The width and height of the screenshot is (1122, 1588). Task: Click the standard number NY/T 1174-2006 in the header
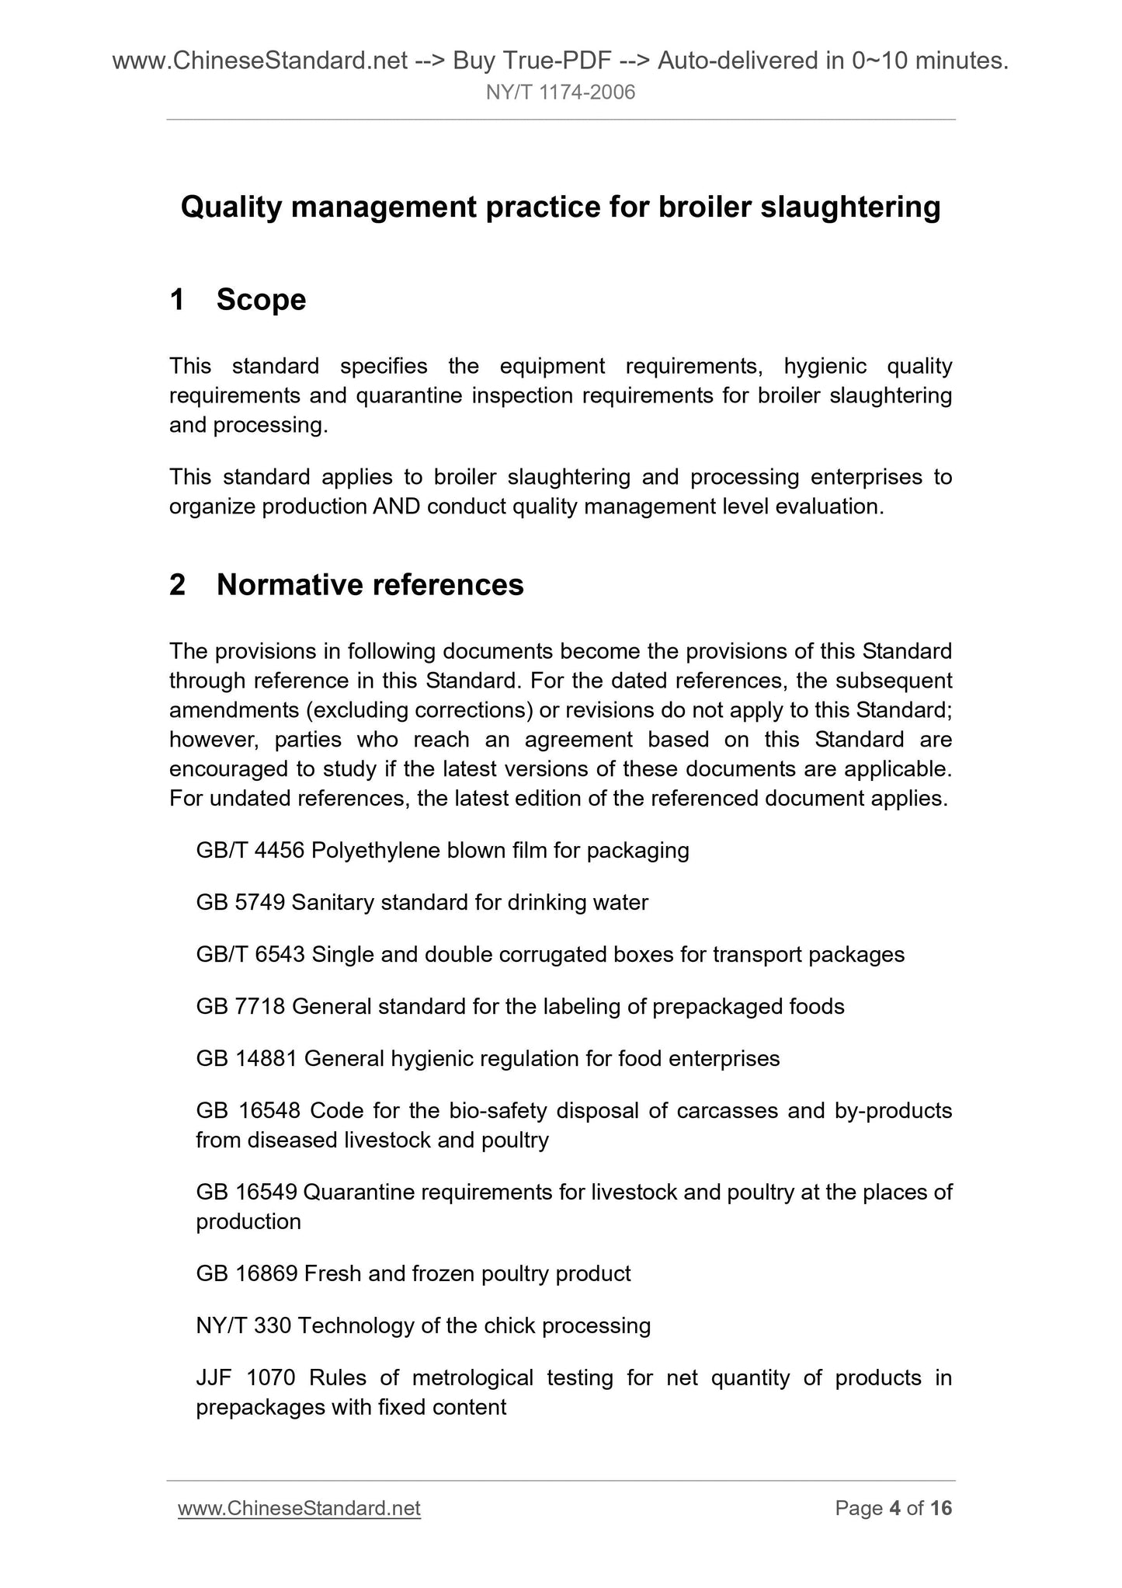pos(561,93)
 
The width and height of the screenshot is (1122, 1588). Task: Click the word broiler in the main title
pos(706,207)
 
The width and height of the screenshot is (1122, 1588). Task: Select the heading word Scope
pos(262,300)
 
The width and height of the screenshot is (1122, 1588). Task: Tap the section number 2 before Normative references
pos(178,585)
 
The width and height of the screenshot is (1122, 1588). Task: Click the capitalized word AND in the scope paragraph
pos(396,507)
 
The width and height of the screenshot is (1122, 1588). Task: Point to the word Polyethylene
pos(377,851)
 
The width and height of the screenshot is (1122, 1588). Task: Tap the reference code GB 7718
pos(241,1007)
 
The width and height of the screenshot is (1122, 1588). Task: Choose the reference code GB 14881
pos(247,1059)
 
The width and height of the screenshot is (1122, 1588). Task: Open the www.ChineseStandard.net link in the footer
pos(299,1509)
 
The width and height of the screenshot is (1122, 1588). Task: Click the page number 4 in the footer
pos(894,1509)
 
